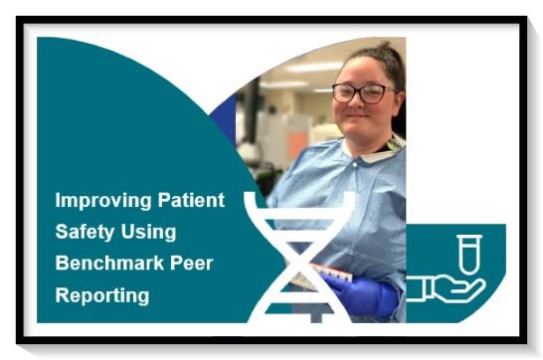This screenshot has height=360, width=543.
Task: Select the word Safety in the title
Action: pos(84,233)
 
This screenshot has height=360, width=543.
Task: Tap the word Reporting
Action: pos(101,295)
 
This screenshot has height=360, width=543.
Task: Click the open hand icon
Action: pos(452,288)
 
